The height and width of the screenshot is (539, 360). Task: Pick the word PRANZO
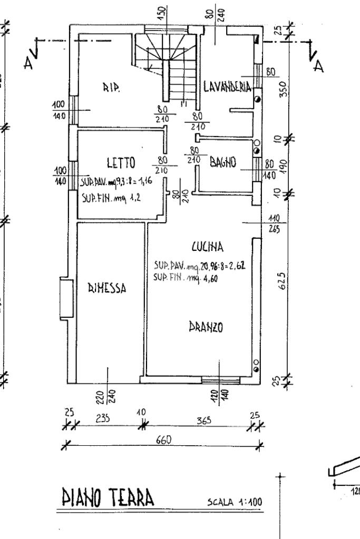[x=206, y=327]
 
